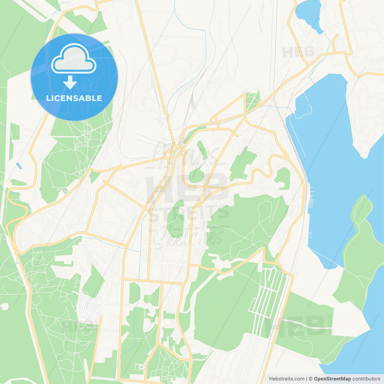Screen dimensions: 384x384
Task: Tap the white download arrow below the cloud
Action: [x=70, y=82]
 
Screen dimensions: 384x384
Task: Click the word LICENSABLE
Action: [x=74, y=98]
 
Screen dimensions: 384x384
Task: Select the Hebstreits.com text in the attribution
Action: [x=286, y=379]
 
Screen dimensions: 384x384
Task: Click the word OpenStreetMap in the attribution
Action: [x=332, y=379]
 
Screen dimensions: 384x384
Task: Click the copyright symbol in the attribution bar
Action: [x=310, y=379]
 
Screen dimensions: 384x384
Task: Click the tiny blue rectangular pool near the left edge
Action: [x=19, y=166]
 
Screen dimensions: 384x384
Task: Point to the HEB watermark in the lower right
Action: [x=297, y=325]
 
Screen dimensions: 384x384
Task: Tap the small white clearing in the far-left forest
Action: [x=4, y=306]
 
